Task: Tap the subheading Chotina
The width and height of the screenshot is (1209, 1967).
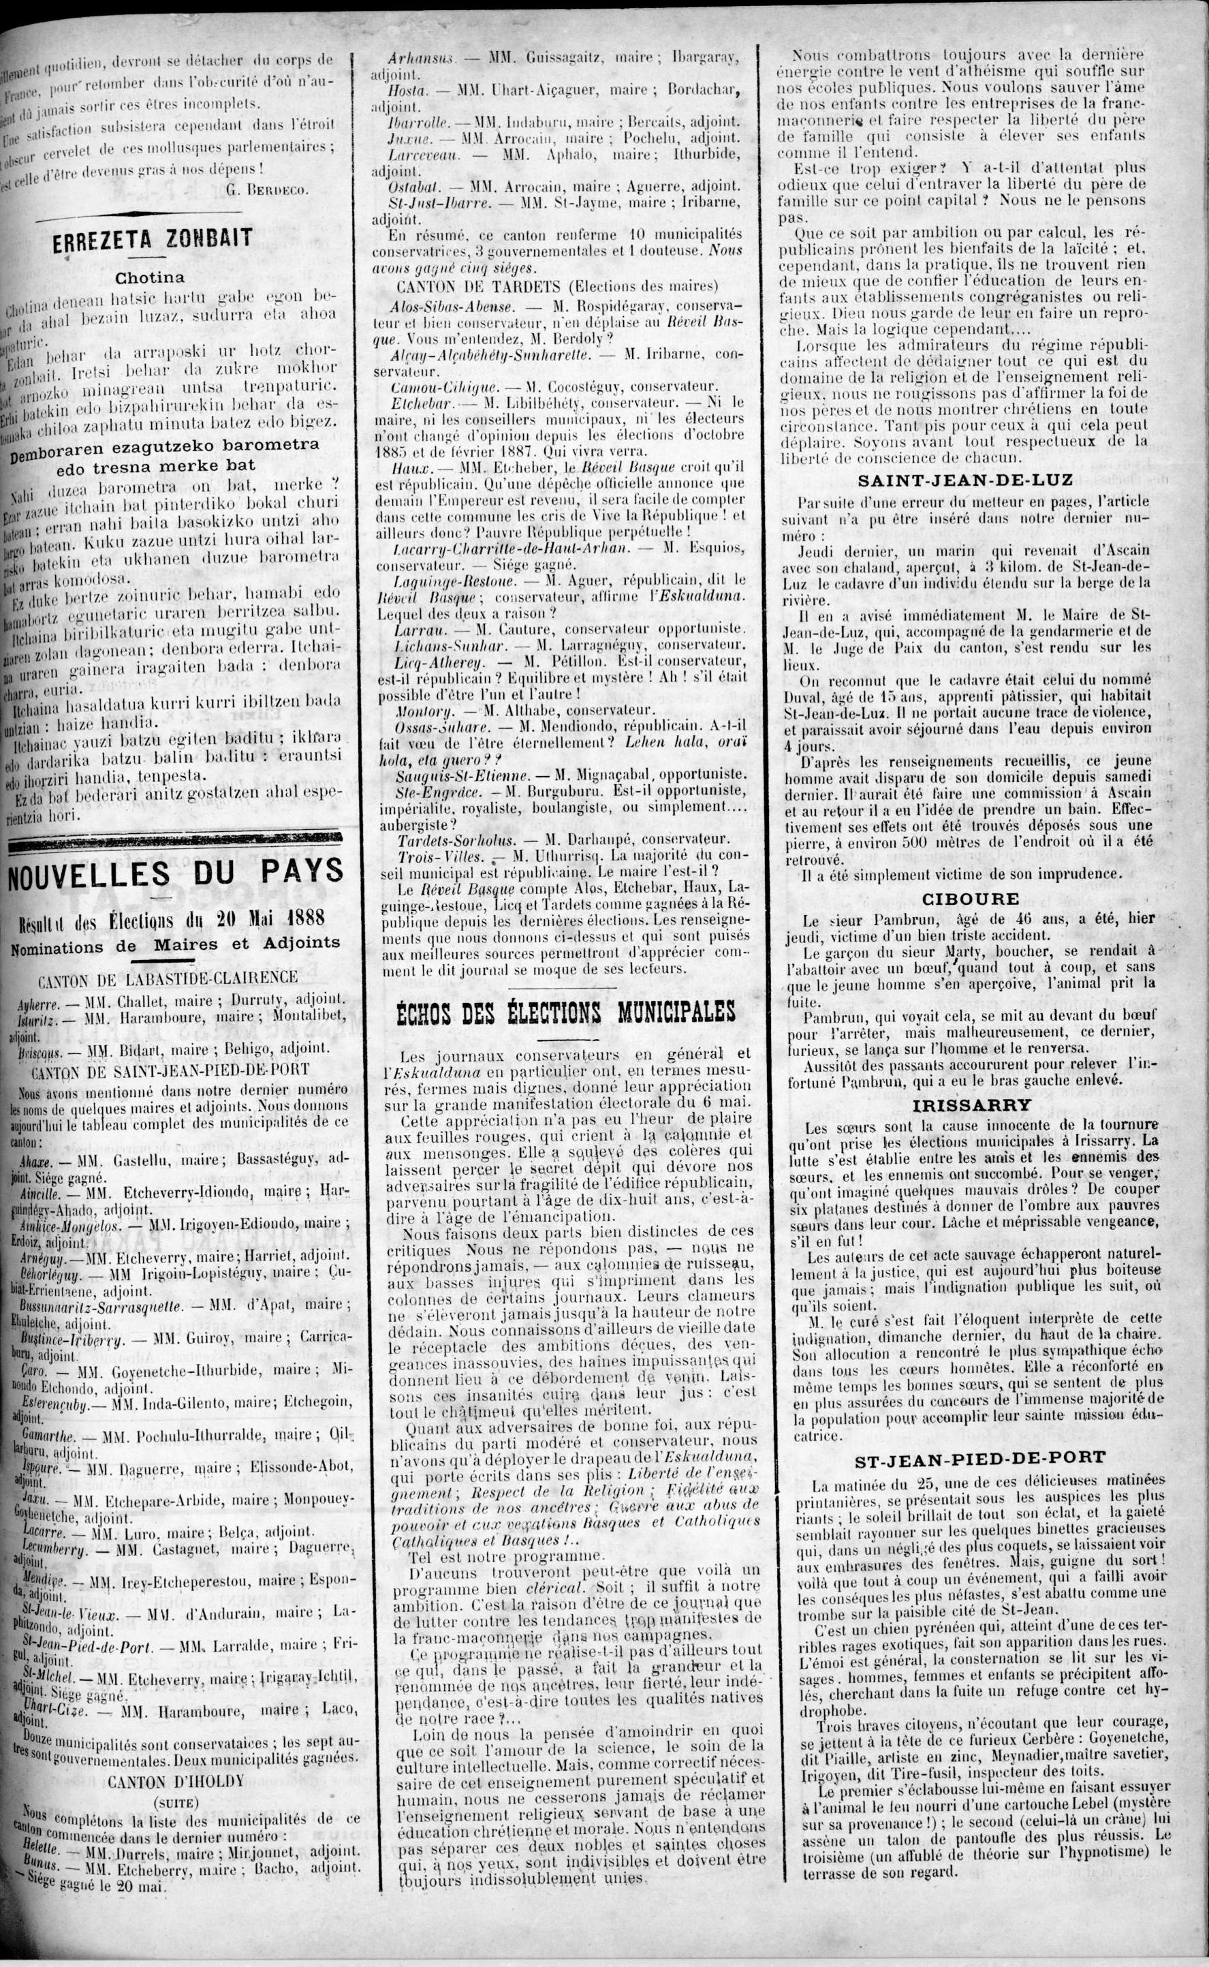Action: click(151, 278)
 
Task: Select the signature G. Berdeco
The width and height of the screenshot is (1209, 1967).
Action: click(267, 189)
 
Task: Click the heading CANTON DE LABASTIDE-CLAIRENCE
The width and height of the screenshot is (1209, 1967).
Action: click(157, 976)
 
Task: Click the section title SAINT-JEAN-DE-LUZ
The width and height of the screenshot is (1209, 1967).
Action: click(970, 480)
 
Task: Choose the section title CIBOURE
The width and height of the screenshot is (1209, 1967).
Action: click(970, 899)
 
